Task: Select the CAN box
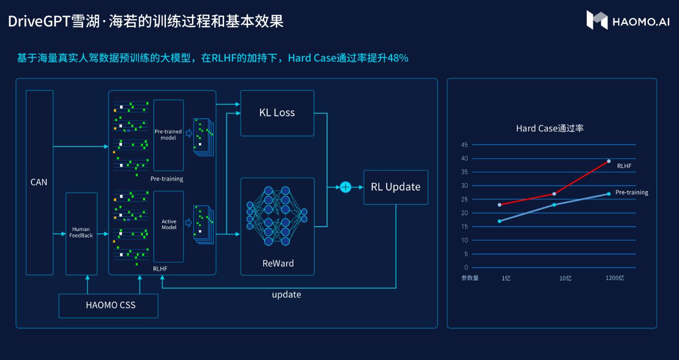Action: click(39, 182)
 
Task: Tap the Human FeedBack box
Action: click(81, 233)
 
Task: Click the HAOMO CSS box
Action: click(108, 306)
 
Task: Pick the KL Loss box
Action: click(277, 113)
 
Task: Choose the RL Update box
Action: click(395, 187)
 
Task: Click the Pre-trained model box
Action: click(168, 135)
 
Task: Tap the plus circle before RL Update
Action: click(346, 187)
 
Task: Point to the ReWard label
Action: click(278, 264)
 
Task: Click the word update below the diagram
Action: click(286, 295)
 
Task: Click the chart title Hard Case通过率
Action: click(550, 128)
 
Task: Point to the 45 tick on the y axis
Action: click(464, 145)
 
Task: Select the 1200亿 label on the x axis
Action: click(615, 278)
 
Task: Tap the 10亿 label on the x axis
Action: click(565, 278)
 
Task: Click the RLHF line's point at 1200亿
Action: click(609, 161)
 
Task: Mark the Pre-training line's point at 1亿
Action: click(499, 221)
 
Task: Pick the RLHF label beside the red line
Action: click(624, 166)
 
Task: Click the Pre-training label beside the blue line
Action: click(632, 192)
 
